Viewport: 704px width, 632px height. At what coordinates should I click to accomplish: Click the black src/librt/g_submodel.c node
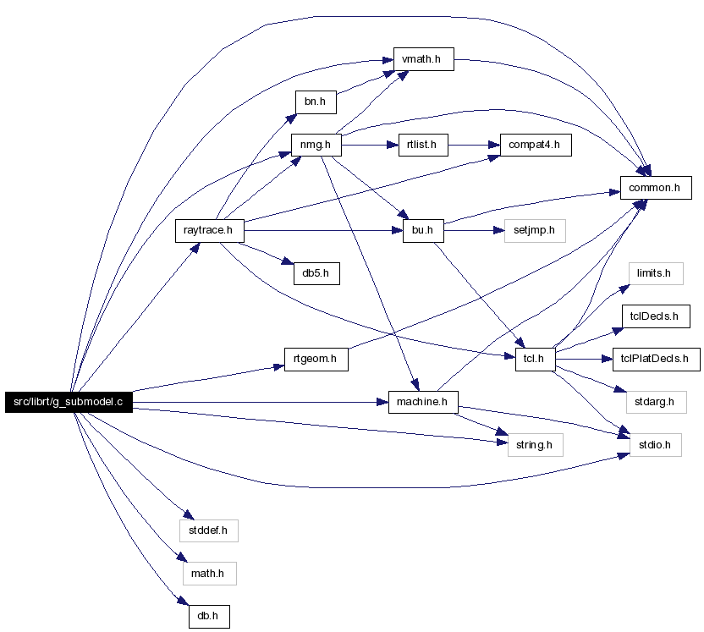click(69, 402)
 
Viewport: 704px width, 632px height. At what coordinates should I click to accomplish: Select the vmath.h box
click(423, 59)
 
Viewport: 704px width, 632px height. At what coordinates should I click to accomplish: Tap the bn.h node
click(316, 102)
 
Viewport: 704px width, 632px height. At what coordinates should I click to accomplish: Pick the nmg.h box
click(316, 145)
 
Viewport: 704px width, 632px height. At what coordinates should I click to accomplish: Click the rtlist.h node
click(423, 145)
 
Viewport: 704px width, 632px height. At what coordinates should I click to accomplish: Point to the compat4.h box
click(536, 145)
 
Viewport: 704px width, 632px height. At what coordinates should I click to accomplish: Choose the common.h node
click(656, 188)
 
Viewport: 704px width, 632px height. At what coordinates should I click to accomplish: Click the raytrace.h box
click(210, 231)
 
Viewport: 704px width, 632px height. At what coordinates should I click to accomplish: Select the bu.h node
click(423, 231)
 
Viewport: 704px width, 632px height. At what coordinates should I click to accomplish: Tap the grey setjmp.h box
click(535, 231)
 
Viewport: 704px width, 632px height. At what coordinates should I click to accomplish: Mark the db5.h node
click(316, 273)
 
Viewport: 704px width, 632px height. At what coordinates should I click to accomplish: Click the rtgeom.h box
click(316, 359)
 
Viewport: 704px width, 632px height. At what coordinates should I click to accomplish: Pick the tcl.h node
click(535, 359)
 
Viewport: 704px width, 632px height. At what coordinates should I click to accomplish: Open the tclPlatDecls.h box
click(656, 359)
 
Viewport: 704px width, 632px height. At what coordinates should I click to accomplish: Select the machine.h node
click(423, 402)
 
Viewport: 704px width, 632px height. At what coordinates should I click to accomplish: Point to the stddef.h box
click(209, 530)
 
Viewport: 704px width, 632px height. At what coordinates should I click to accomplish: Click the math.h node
click(209, 574)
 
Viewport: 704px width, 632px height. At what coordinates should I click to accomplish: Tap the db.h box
click(209, 617)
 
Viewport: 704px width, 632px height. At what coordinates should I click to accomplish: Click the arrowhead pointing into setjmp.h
click(499, 231)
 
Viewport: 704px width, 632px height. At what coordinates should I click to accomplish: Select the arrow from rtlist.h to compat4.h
click(474, 145)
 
